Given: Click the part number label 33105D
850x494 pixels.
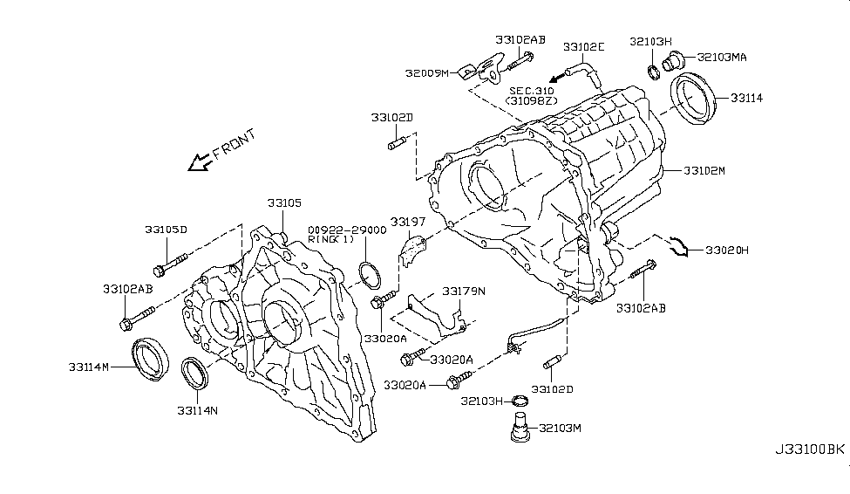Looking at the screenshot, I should click(x=166, y=230).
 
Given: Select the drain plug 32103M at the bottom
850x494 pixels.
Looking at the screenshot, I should click(x=521, y=432).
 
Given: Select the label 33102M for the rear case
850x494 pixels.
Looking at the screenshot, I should click(x=704, y=171).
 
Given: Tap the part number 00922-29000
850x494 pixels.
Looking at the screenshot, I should click(x=346, y=230).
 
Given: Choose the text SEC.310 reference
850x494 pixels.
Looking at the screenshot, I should click(x=531, y=91).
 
